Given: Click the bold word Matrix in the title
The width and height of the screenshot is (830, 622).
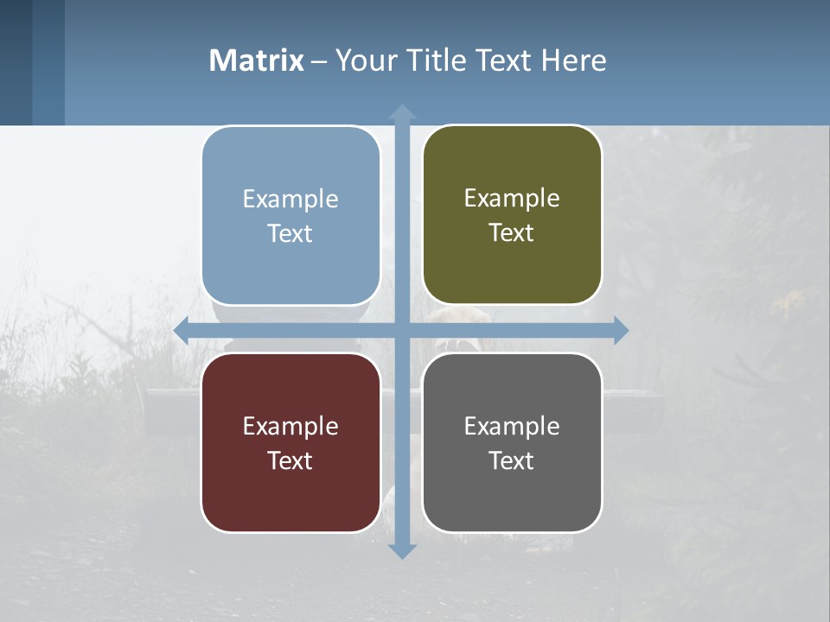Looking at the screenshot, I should click(x=257, y=60).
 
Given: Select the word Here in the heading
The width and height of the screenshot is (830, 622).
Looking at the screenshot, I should click(x=573, y=60).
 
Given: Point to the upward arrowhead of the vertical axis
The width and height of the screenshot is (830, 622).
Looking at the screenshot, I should click(x=402, y=112).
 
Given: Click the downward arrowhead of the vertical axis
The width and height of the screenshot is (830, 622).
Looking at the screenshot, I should click(x=402, y=550).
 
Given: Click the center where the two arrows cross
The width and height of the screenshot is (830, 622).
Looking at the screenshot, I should click(x=402, y=331).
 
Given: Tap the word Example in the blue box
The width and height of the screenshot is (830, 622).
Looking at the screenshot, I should click(x=290, y=200).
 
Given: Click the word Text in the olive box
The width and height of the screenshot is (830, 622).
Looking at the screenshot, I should click(x=512, y=233).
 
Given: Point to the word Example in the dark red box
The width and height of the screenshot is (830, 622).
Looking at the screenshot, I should click(x=290, y=426).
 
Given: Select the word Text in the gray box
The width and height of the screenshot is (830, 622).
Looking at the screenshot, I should click(x=512, y=460).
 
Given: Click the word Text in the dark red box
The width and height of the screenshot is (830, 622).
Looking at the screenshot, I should click(x=290, y=460).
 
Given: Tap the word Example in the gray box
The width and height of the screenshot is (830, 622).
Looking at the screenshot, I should click(x=512, y=426).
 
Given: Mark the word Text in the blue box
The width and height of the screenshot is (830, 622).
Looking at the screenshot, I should click(x=290, y=234).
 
